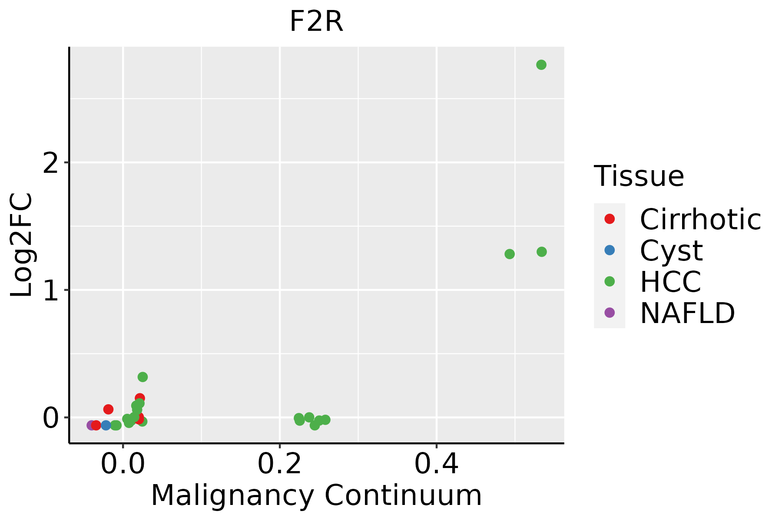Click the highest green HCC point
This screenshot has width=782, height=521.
tap(541, 65)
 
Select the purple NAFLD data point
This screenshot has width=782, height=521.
tap(91, 425)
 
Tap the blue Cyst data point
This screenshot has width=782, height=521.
tap(106, 425)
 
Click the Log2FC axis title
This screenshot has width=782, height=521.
tap(22, 245)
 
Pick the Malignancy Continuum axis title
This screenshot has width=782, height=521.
tap(316, 495)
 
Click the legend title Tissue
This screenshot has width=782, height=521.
tap(639, 176)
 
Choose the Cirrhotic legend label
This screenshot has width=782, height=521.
tap(700, 219)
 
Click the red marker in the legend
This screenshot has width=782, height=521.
tap(610, 219)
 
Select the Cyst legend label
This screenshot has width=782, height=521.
tap(671, 251)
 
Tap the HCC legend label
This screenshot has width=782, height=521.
tap(670, 282)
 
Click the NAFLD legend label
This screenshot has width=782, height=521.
tap(687, 313)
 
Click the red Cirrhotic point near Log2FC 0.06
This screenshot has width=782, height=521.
tap(108, 409)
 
